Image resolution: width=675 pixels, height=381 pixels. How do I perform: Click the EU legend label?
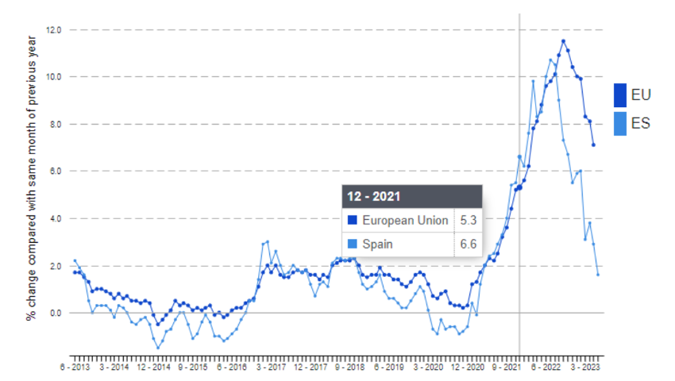[x=641, y=95]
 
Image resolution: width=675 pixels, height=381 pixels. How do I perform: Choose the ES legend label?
[x=641, y=123]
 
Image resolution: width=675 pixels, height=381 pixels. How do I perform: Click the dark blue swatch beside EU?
[x=620, y=95]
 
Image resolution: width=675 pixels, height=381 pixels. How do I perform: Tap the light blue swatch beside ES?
[x=620, y=123]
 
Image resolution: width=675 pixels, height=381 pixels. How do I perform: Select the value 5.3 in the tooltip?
[x=468, y=221]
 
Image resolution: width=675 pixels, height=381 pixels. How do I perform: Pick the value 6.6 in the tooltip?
[x=468, y=244]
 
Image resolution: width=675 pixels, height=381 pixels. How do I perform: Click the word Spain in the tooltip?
[x=377, y=244]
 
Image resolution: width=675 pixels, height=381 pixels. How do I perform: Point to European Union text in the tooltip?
[x=404, y=221]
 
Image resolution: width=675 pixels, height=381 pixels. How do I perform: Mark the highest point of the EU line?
[x=563, y=41]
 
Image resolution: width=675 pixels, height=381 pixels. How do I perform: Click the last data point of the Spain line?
[x=598, y=275]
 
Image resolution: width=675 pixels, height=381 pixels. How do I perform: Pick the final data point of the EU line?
[x=593, y=145]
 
